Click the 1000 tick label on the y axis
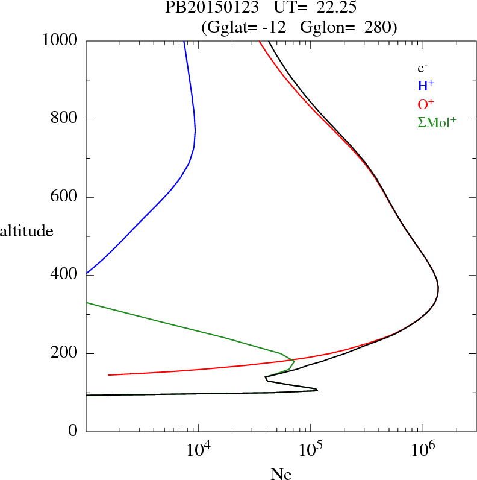(61, 40)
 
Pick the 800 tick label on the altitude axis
(65, 119)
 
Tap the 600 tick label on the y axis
(65, 197)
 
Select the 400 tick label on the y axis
(65, 275)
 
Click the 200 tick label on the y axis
(65, 353)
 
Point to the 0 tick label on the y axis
(74, 431)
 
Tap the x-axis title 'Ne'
(281, 474)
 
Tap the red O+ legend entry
(425, 104)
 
